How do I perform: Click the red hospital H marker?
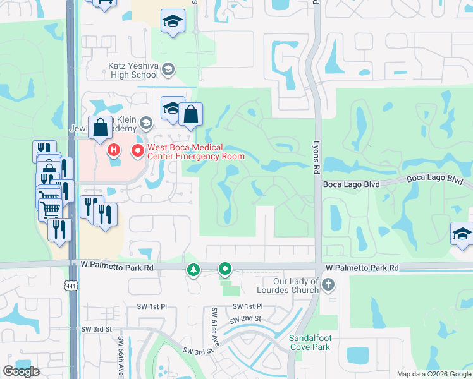pyautogui.click(x=114, y=150)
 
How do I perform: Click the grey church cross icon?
pyautogui.click(x=328, y=286)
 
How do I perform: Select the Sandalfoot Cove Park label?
pyautogui.click(x=310, y=342)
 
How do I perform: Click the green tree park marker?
pyautogui.click(x=193, y=270)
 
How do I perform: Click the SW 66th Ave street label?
pyautogui.click(x=121, y=353)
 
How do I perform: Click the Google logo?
pyautogui.click(x=21, y=371)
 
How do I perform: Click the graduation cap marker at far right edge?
pyautogui.click(x=462, y=234)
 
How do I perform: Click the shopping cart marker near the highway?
pyautogui.click(x=50, y=208)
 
